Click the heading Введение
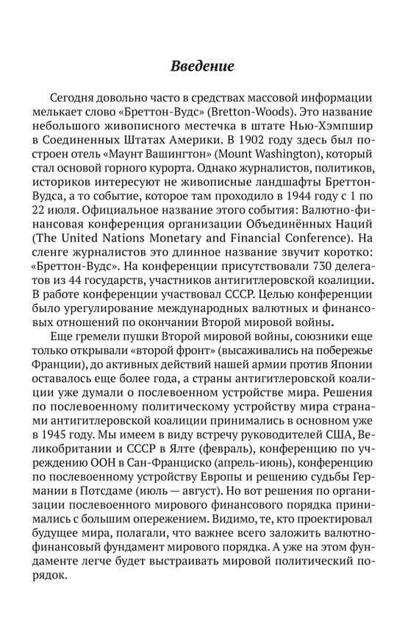tap(202, 66)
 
